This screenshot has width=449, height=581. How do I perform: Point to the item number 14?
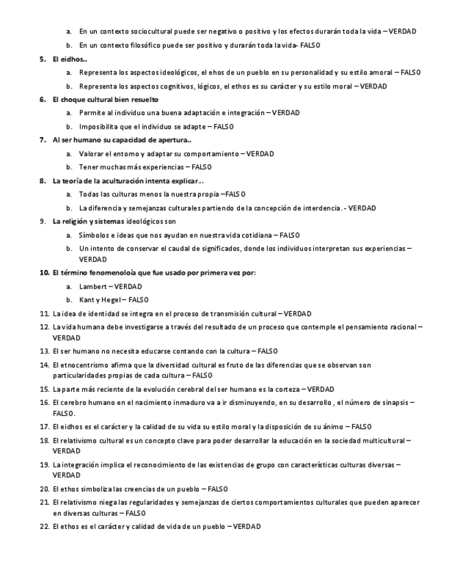coord(44,365)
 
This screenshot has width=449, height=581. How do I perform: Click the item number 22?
coord(44,526)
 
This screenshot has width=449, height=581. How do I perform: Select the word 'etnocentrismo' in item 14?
coord(84,365)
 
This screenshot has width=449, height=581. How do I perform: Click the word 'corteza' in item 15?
coord(290,389)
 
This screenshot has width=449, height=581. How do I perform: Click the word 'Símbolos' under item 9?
coord(94,235)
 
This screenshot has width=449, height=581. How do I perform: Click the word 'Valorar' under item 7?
coord(91,154)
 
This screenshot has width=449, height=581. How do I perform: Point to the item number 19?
coord(44,465)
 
